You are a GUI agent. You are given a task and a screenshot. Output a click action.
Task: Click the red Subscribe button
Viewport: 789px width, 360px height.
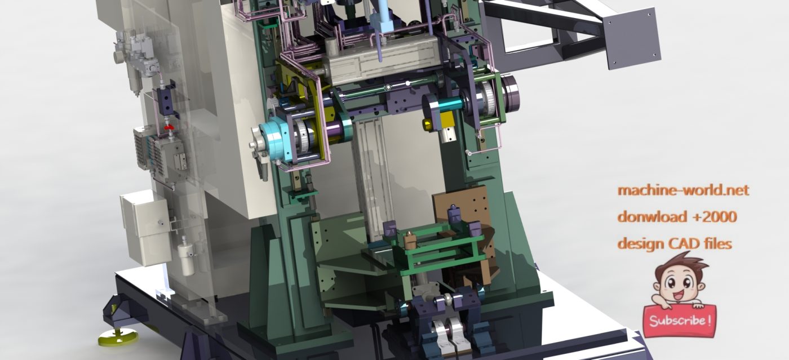680,321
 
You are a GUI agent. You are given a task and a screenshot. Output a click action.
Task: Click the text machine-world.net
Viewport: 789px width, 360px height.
683,190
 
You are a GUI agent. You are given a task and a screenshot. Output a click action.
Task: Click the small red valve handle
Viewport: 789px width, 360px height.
170,126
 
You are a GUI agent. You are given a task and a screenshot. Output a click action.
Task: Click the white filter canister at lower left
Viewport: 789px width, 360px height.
185,256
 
